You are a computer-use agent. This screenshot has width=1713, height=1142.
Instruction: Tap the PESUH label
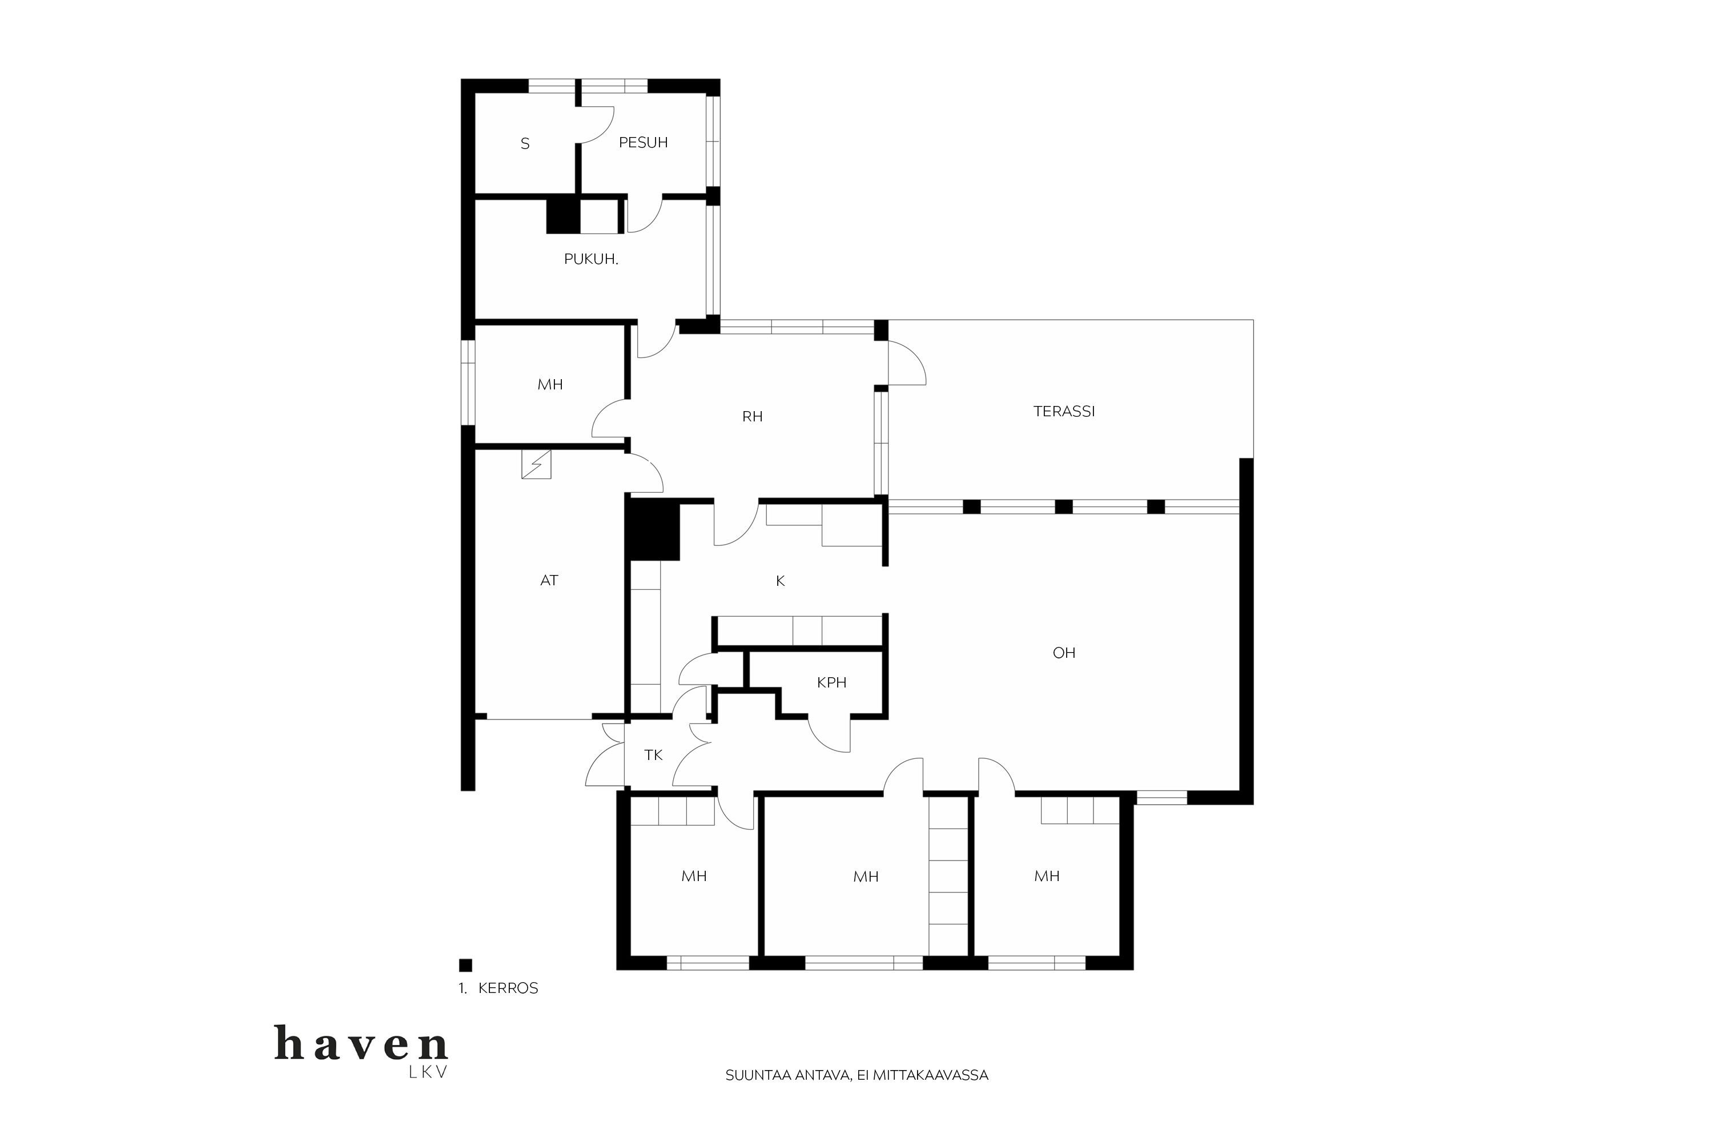[643, 143]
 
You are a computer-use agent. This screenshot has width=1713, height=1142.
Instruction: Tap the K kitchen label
[780, 581]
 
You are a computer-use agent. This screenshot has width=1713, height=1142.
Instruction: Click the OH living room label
[1064, 653]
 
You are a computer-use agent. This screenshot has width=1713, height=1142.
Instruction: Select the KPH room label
[832, 682]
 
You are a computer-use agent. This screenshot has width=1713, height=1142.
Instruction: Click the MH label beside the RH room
[550, 384]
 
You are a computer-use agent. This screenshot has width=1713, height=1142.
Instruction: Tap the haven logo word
[361, 1043]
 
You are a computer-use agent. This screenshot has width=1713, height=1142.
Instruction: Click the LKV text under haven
[428, 1073]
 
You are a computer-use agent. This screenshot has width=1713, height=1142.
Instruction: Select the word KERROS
[508, 988]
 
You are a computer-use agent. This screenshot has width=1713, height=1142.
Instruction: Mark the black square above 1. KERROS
[465, 965]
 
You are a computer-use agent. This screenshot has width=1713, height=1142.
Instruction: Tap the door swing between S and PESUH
[597, 124]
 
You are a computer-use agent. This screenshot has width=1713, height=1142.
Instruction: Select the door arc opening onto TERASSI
[907, 363]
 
